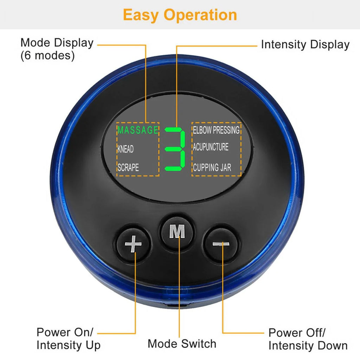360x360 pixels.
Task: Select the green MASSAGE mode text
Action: coord(138,130)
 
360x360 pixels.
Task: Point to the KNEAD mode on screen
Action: coord(126,149)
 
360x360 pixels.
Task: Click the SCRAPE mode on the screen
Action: coord(128,168)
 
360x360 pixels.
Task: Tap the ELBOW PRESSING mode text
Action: coord(216,130)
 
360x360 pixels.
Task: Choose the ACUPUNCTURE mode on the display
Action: coord(211,147)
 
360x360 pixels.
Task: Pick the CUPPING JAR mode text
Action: coord(212,167)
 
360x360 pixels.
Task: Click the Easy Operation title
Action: coord(180,15)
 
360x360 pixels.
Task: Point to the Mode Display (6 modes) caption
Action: coord(57,49)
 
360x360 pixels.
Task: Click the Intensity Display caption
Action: coord(305,45)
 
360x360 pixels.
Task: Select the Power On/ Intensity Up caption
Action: coord(68,338)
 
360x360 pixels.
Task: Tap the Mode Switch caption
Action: coord(182,343)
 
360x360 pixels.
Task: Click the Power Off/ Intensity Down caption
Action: coord(308,339)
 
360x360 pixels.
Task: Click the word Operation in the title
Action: coord(200,15)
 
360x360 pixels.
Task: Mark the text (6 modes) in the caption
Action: coord(47,56)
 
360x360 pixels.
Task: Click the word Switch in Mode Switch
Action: coord(199,343)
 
